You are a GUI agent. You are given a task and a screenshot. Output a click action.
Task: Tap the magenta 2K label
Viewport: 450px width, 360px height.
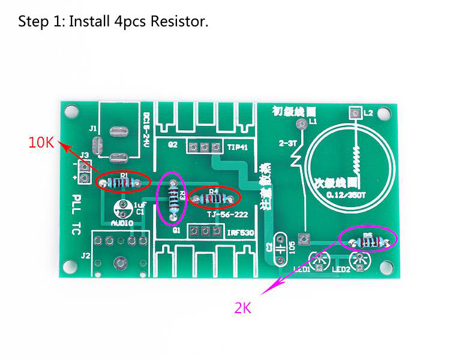pyautogui.click(x=242, y=308)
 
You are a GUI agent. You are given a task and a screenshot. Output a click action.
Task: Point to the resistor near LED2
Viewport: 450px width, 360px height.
pyautogui.click(x=367, y=241)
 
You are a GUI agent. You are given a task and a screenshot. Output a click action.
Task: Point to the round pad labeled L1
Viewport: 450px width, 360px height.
pyautogui.click(x=301, y=124)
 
